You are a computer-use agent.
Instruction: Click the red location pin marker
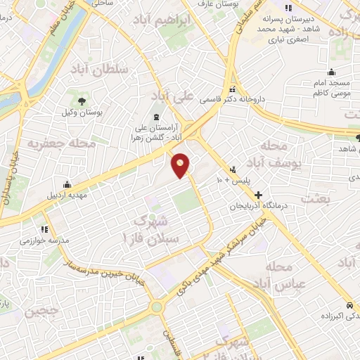click(181, 165)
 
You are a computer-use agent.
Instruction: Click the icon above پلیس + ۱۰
click(232, 169)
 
